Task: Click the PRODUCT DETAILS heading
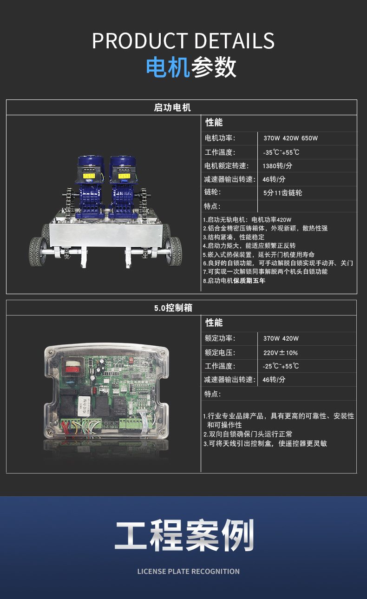pos(183,40)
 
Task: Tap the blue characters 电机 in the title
pos(168,67)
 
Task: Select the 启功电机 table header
pos(172,107)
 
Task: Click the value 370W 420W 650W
pos(290,138)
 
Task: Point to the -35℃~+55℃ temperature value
pos(281,152)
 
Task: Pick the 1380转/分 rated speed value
pos(277,166)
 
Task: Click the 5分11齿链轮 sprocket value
pos(282,193)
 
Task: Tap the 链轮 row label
pos(212,192)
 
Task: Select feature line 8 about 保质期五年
pos(234,281)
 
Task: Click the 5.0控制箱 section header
pos(173,308)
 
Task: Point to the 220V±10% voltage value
pos(281,353)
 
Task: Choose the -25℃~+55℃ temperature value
pos(281,366)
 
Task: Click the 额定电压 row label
pos(220,353)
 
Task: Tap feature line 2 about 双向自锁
pos(248,434)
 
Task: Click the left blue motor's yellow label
pos(89,176)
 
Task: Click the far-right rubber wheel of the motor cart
pos(174,251)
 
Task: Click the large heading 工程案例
pos(184,535)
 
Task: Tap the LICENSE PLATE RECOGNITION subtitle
pos(189,572)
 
